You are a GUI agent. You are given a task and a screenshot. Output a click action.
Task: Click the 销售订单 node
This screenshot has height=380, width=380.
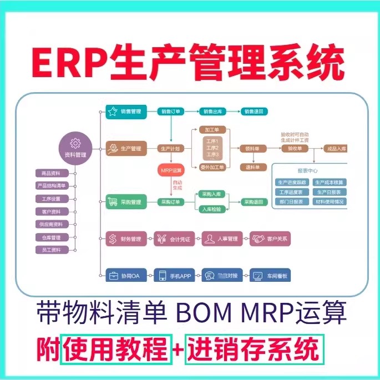click(x=171, y=112)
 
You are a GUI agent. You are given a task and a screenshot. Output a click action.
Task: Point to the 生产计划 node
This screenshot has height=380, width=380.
click(x=171, y=149)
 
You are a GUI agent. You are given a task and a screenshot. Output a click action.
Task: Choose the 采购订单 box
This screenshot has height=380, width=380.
click(x=171, y=202)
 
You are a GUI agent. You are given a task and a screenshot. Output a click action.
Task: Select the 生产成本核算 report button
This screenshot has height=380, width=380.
click(x=329, y=182)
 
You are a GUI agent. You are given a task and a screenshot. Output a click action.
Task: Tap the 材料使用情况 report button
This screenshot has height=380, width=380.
click(x=329, y=202)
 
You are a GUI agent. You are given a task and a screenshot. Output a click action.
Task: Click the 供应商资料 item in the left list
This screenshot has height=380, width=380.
click(x=51, y=224)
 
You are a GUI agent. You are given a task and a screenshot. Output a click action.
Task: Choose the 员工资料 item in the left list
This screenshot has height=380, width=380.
click(x=51, y=250)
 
